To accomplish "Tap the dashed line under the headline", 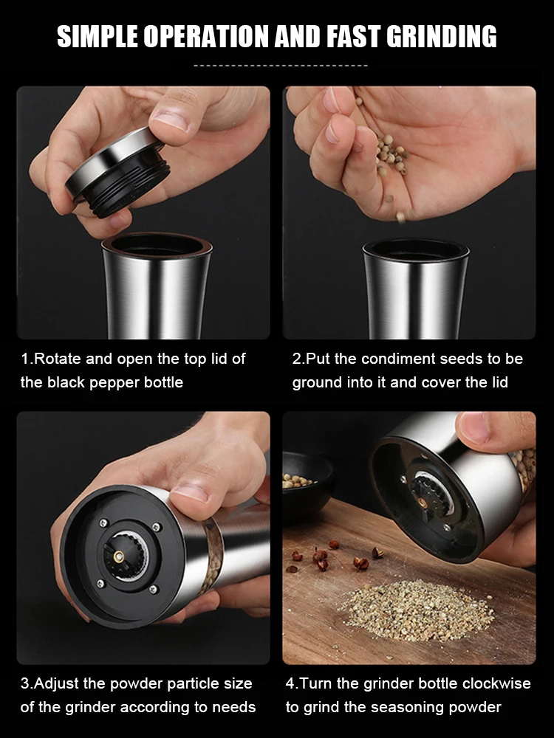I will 280,66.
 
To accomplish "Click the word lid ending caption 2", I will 498,382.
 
